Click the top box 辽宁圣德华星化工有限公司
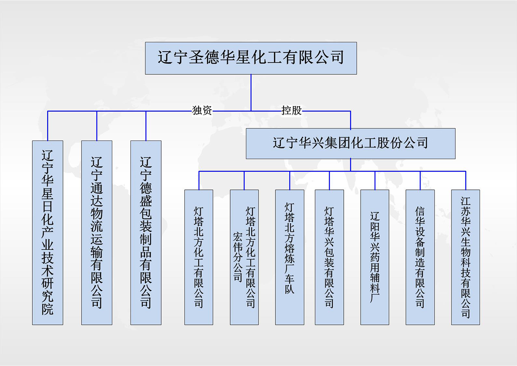(251, 58)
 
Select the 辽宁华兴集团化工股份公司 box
(351, 143)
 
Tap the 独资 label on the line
(202, 110)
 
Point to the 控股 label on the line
(292, 110)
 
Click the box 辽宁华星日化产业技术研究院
(48, 232)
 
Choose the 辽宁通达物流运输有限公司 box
(97, 232)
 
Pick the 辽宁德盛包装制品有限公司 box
(146, 232)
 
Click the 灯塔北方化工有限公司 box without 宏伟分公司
(199, 257)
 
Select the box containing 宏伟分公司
(244, 257)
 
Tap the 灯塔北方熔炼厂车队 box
(290, 257)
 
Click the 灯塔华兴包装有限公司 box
(329, 257)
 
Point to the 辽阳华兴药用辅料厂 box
(375, 257)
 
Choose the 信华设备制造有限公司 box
(420, 257)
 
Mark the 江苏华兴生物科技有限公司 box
(466, 257)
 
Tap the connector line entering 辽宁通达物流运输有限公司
(97, 126)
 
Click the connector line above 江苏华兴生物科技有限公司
(466, 181)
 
